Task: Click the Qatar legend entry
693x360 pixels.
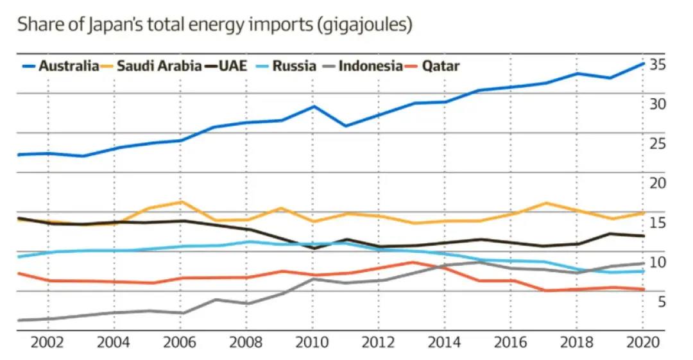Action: click(x=441, y=66)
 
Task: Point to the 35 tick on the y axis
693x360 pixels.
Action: click(x=656, y=65)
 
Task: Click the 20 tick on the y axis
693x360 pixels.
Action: click(x=656, y=184)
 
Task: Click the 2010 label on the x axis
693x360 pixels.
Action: click(x=312, y=341)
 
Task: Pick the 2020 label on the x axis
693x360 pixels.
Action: click(x=642, y=341)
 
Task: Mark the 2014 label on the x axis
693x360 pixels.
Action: click(x=444, y=341)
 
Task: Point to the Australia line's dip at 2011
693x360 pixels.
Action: click(x=346, y=126)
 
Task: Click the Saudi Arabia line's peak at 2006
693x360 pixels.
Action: click(x=181, y=202)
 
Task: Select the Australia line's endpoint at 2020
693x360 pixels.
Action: click(x=644, y=64)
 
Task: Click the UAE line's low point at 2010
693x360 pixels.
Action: click(x=313, y=248)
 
